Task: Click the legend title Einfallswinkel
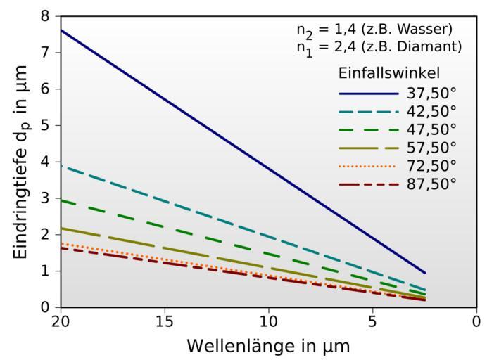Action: click(389, 74)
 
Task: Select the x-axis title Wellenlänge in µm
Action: click(268, 346)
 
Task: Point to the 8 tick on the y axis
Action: click(46, 15)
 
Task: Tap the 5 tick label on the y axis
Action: click(46, 125)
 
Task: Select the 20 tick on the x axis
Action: click(61, 321)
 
